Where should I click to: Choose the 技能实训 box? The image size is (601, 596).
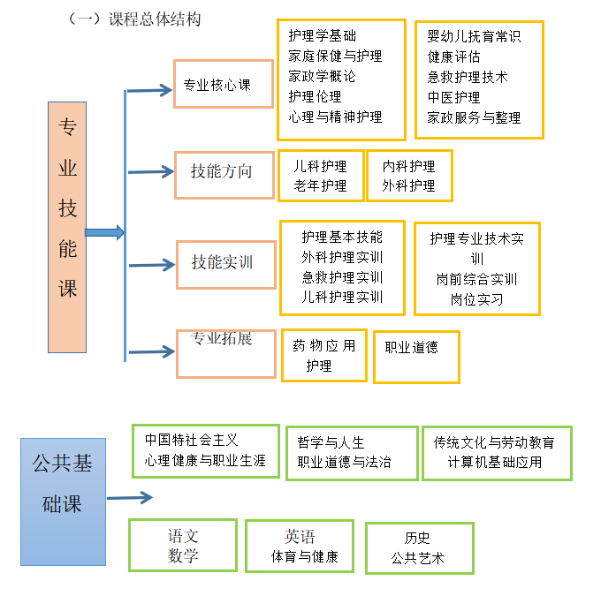225,263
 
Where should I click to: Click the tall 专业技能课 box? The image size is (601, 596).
67,227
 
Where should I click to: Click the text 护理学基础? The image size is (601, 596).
323,36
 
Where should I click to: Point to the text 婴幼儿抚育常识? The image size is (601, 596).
474,36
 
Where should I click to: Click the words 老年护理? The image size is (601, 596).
320,185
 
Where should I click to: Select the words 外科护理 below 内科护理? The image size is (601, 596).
408,185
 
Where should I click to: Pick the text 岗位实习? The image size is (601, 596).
476,299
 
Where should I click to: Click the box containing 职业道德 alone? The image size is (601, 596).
416,357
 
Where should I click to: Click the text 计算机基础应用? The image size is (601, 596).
495,462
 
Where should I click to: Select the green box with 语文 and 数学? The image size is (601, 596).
183,545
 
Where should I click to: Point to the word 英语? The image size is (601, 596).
300,537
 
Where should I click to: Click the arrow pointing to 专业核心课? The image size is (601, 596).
150,89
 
